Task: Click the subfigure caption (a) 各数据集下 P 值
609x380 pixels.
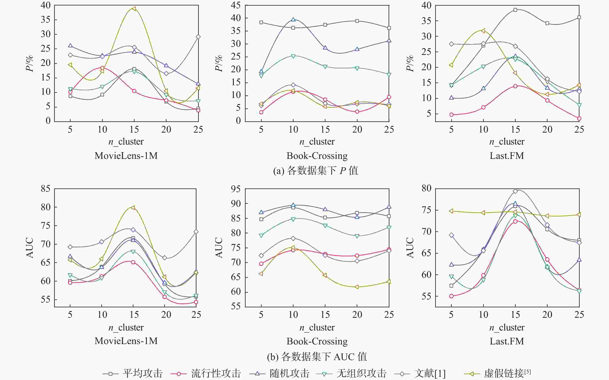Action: click(x=316, y=171)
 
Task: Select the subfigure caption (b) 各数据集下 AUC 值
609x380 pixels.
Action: click(x=317, y=356)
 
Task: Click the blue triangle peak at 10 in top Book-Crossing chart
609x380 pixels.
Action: click(x=293, y=19)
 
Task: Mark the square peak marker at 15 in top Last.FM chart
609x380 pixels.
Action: click(x=515, y=10)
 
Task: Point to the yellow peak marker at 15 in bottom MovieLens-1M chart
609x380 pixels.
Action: click(x=133, y=208)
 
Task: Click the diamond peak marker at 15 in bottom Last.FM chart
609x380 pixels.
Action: click(x=515, y=191)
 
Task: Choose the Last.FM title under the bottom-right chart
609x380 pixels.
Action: click(x=507, y=341)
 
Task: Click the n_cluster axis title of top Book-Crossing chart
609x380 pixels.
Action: click(x=317, y=142)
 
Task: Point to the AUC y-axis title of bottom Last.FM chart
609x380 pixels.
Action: click(x=410, y=248)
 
